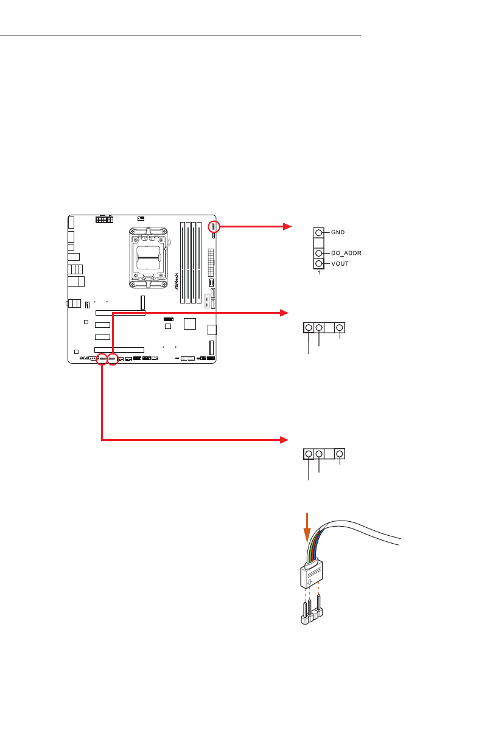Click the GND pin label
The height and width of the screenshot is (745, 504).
338,232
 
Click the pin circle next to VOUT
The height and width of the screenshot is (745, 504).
319,264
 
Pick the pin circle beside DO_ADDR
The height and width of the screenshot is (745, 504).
319,254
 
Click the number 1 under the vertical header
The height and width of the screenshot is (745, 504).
319,273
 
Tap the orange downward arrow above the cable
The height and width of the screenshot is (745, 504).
307,527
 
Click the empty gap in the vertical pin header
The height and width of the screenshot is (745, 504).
319,243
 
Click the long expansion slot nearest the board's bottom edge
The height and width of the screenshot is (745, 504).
119,350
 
